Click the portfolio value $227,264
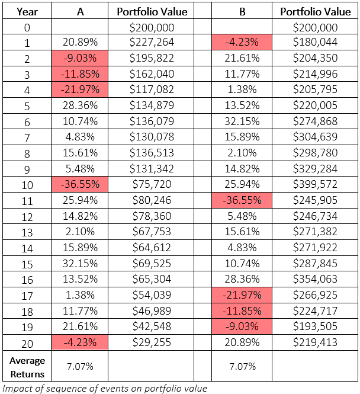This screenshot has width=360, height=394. pyautogui.click(x=152, y=42)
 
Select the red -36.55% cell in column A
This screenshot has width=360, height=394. pyautogui.click(x=80, y=184)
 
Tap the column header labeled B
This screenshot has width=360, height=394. pyautogui.click(x=242, y=12)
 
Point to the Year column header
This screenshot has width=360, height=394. pyautogui.click(x=27, y=12)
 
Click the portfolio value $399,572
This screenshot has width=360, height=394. pyautogui.click(x=315, y=184)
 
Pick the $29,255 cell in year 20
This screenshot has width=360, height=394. pyautogui.click(x=152, y=342)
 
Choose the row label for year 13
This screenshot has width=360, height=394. pyautogui.click(x=27, y=232)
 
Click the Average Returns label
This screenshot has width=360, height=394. pyautogui.click(x=27, y=367)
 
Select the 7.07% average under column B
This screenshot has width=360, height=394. pyautogui.click(x=242, y=366)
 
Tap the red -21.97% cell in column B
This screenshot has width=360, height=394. pyautogui.click(x=242, y=295)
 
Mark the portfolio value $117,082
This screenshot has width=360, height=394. pyautogui.click(x=152, y=89)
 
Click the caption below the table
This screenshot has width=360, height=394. pyautogui.click(x=105, y=389)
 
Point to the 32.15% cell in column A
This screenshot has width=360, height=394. pyautogui.click(x=80, y=264)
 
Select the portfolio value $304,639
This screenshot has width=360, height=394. pyautogui.click(x=315, y=137)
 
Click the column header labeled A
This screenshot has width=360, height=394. pyautogui.click(x=80, y=12)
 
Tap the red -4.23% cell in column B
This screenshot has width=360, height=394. pyautogui.click(x=242, y=42)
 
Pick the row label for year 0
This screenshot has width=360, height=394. pyautogui.click(x=27, y=27)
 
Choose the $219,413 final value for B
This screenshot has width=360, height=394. pyautogui.click(x=315, y=342)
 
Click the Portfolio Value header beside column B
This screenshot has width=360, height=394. pyautogui.click(x=316, y=12)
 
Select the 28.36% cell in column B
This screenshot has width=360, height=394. pyautogui.click(x=242, y=279)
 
